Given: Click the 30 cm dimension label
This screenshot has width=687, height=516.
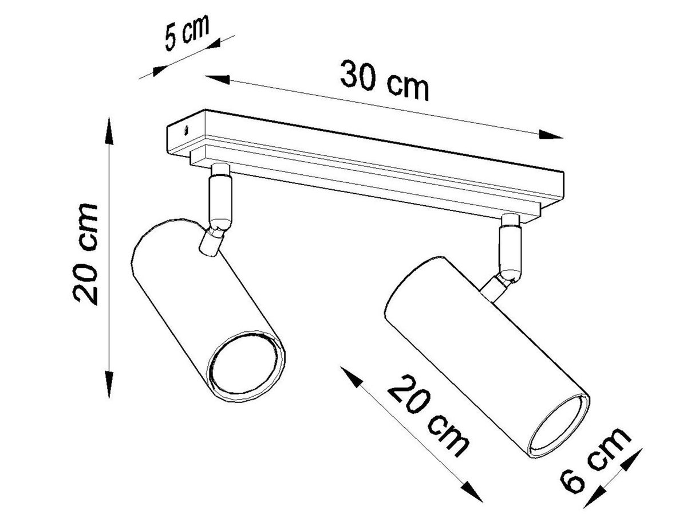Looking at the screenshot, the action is [384, 80].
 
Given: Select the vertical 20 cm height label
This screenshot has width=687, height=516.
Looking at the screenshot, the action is [85, 254].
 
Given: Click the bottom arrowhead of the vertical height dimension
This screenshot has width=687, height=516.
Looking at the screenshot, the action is [109, 385].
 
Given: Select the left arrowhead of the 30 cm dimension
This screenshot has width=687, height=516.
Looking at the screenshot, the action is [218, 79].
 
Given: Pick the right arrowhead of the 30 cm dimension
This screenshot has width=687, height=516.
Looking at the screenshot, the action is [551, 135].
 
